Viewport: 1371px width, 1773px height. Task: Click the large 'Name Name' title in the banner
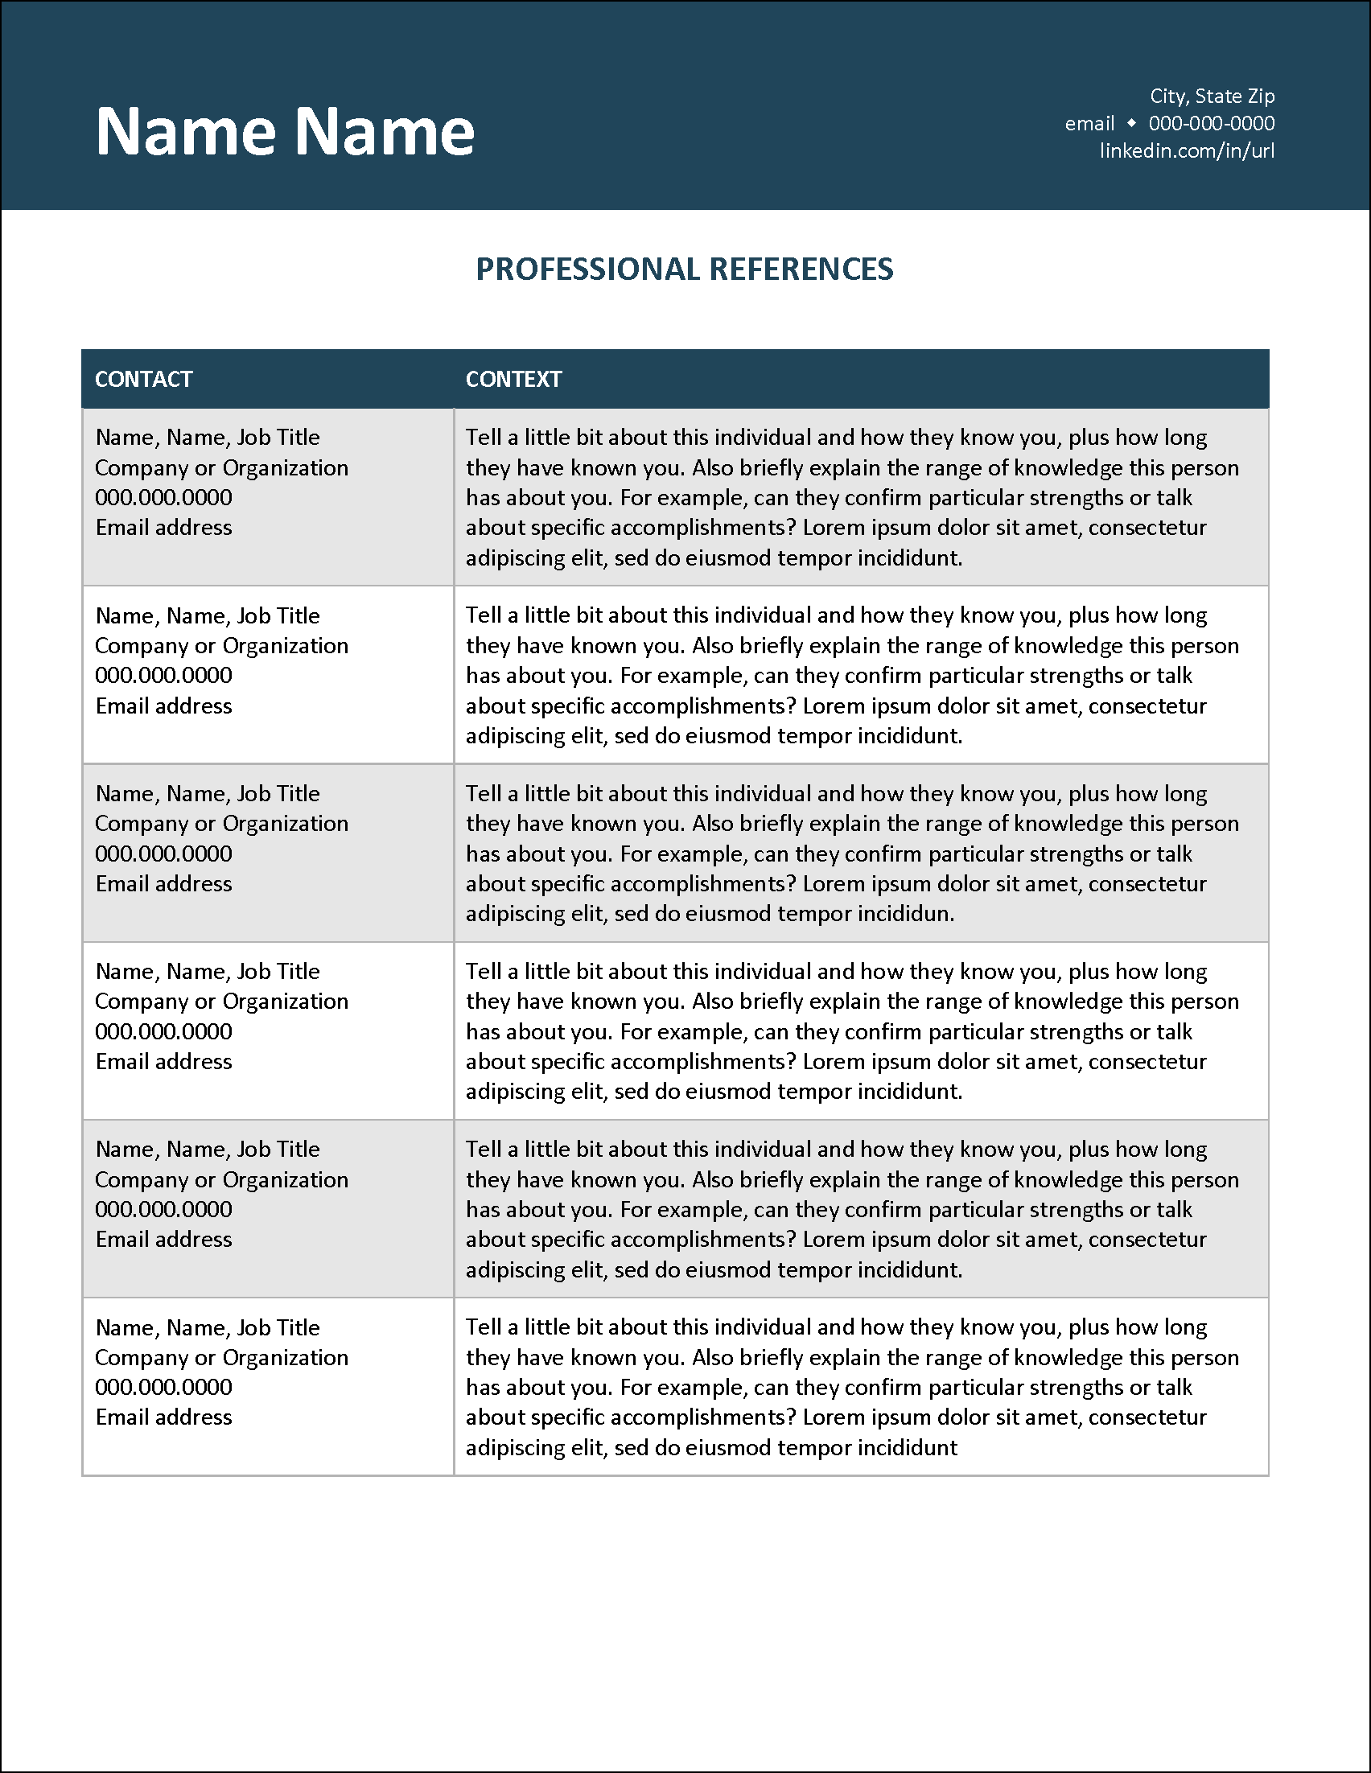[285, 130]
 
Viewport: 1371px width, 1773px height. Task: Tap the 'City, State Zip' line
[1212, 97]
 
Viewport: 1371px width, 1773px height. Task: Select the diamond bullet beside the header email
[1131, 123]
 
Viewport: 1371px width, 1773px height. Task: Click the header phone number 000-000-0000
[1211, 123]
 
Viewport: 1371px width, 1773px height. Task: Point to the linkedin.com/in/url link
[1187, 151]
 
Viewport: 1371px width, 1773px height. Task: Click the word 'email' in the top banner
[1089, 123]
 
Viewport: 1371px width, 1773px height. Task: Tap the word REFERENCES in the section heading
[801, 269]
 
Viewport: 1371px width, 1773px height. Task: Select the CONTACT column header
[144, 379]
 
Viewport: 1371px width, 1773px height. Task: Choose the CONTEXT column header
[513, 379]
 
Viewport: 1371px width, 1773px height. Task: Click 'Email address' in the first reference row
[164, 528]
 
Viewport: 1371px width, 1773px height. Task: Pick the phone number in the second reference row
[164, 676]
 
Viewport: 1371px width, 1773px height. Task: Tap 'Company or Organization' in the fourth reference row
[221, 1002]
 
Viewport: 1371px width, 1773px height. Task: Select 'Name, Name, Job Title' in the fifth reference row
[208, 1150]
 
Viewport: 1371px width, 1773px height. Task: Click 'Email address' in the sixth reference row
[164, 1417]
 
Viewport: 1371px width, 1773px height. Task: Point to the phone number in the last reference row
[164, 1388]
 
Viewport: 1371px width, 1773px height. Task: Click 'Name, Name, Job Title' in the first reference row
[208, 438]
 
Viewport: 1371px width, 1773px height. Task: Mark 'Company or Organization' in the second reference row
[221, 646]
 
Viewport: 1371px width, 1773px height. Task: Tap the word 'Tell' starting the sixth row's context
[484, 1327]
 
